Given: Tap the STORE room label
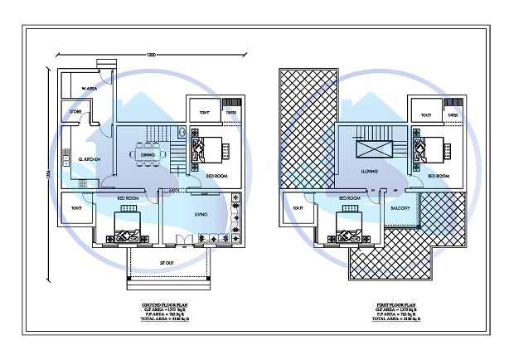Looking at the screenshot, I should point(75,110).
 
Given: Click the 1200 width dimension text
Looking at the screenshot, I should point(149,55).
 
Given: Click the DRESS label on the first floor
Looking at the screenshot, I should point(453,115).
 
